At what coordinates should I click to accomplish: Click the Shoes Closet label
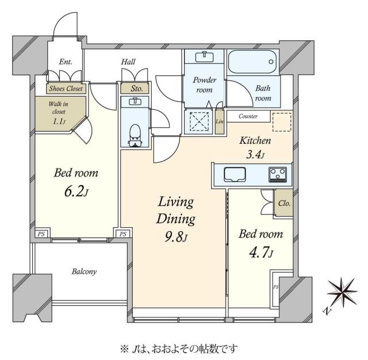coord(66,89)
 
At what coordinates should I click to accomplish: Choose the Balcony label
coord(84,271)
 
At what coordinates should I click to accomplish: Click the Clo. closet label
coord(283,204)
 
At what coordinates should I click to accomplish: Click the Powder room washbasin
coord(205,58)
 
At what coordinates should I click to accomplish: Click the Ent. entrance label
coord(66,62)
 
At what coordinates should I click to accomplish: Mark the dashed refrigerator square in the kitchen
coord(281,122)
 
